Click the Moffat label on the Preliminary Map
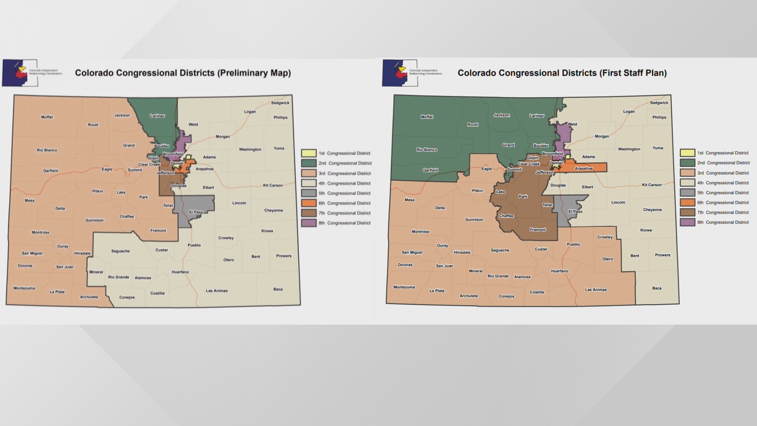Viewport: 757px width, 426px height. click(47, 117)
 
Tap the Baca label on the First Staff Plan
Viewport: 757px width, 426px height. click(656, 288)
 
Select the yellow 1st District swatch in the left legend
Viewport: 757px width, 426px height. click(309, 153)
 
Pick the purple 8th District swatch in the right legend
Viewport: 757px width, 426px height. click(687, 222)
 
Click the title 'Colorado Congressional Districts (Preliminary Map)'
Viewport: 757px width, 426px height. click(183, 73)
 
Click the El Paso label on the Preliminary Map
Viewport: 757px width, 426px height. click(196, 212)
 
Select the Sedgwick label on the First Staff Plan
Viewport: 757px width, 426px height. click(659, 103)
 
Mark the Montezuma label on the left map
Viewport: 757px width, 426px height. click(24, 288)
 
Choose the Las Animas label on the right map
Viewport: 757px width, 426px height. click(596, 290)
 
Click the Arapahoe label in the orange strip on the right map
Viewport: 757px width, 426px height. click(584, 168)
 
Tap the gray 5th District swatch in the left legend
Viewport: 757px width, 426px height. click(309, 193)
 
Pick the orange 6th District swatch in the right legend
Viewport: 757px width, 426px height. click(687, 203)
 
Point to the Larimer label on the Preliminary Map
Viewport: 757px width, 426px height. click(157, 116)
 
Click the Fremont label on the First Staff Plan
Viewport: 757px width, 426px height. click(538, 230)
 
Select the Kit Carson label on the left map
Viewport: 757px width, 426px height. click(273, 185)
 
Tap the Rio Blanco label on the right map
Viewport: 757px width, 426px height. click(427, 150)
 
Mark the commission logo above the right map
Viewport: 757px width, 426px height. click(400, 73)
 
